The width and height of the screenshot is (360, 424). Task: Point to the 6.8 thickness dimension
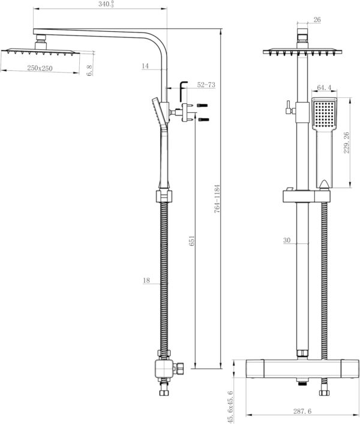point(89,70)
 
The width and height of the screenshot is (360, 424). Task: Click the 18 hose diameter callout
point(146,280)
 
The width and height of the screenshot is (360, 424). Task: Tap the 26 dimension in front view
point(317,20)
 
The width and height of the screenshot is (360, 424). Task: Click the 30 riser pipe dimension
point(287,241)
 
